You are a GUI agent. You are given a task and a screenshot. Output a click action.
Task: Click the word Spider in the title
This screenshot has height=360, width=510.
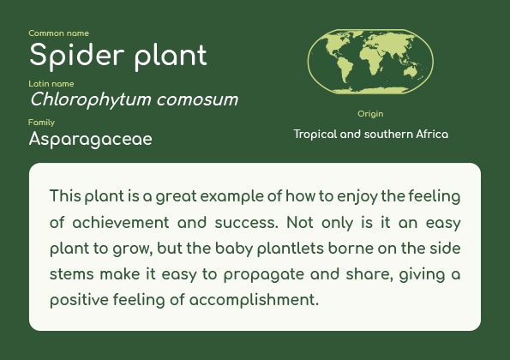[x=77, y=56]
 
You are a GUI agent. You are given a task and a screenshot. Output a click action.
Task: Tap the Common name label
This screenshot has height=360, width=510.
[x=58, y=33]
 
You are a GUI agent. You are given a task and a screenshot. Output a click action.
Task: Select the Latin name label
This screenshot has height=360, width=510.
[x=51, y=84]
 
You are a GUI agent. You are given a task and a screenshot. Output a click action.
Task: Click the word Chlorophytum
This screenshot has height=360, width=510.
[x=90, y=99]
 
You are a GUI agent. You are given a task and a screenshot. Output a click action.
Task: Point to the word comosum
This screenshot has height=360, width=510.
[x=197, y=100]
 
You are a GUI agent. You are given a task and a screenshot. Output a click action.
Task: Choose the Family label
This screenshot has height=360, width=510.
[x=41, y=123]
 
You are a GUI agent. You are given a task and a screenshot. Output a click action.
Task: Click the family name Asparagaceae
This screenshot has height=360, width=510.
[x=90, y=140]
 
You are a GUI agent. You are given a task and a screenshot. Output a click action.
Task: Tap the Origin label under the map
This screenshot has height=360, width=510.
[x=370, y=114]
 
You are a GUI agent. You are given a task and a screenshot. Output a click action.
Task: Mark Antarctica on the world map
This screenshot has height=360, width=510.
[x=371, y=90]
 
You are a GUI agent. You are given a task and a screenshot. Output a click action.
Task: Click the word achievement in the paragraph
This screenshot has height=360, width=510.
[x=121, y=223]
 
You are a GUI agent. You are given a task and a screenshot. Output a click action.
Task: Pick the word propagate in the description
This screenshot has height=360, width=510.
[x=264, y=275]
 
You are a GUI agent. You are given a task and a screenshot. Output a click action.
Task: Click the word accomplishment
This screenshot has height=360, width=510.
[x=254, y=300]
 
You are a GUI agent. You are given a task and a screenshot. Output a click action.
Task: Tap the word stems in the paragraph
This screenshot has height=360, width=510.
[x=71, y=274]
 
